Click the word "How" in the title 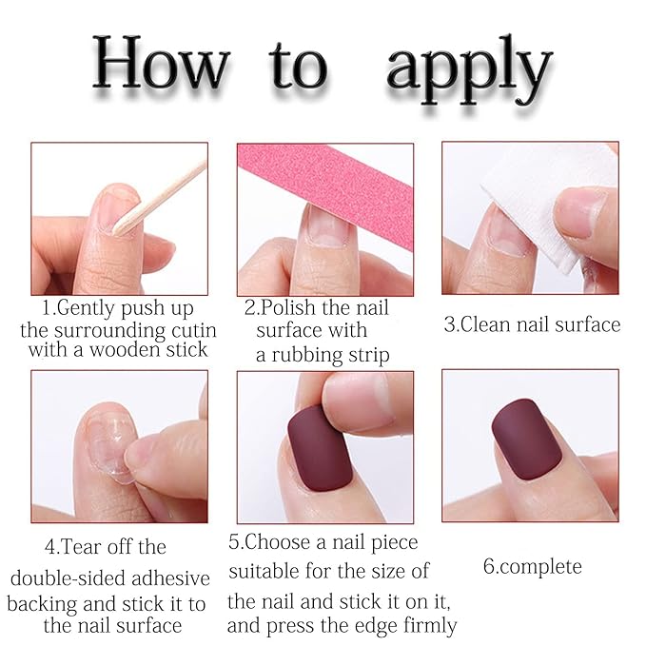162,67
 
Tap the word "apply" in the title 469,69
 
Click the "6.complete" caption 531,567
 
